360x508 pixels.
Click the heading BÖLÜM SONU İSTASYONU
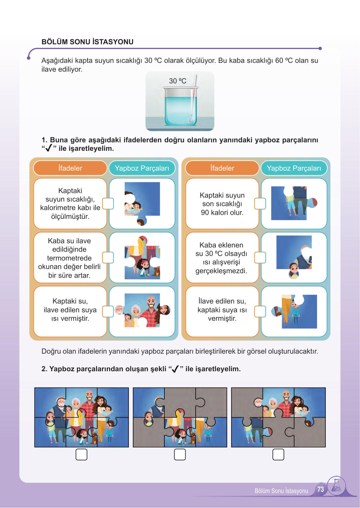point(87,42)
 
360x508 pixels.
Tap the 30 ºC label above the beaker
point(177,81)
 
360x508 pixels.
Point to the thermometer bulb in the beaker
point(190,120)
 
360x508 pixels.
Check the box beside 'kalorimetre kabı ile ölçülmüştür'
point(108,204)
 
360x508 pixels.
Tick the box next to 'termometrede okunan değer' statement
point(108,258)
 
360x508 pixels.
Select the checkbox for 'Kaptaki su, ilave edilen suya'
point(108,311)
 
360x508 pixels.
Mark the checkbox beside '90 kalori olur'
point(260,204)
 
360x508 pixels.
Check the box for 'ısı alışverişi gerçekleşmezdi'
point(260,258)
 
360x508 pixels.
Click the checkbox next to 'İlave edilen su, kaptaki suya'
point(260,311)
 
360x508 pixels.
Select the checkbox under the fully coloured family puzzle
point(81,455)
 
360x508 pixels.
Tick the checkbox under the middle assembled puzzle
point(180,455)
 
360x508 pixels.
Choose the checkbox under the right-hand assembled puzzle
point(278,455)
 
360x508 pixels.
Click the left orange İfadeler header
point(70,168)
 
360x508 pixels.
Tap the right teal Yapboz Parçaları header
point(294,168)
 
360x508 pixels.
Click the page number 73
point(321,489)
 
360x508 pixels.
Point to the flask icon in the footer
point(337,486)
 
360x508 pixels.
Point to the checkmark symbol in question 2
point(175,369)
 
